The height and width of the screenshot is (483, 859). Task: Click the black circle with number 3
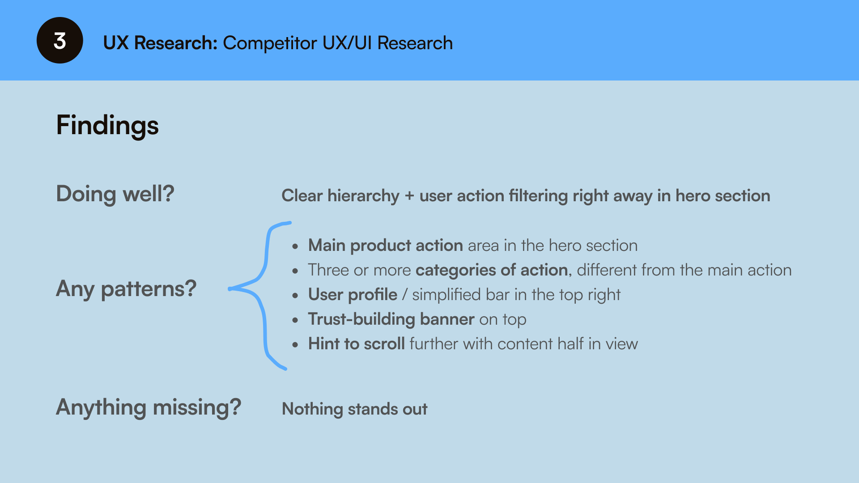pyautogui.click(x=60, y=40)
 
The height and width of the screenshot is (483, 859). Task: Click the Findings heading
pyautogui.click(x=107, y=125)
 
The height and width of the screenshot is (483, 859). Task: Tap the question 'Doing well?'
pyautogui.click(x=115, y=194)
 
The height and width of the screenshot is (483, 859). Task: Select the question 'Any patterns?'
pyautogui.click(x=126, y=288)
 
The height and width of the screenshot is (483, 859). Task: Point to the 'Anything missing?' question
pyautogui.click(x=149, y=407)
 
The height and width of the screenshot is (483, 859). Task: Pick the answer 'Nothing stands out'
pyautogui.click(x=354, y=409)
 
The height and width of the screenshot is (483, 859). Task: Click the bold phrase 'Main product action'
pyautogui.click(x=385, y=246)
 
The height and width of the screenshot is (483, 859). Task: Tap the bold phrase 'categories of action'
pyautogui.click(x=492, y=270)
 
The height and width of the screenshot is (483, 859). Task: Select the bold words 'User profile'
pyautogui.click(x=353, y=295)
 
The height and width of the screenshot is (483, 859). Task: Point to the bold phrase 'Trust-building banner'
pyautogui.click(x=391, y=319)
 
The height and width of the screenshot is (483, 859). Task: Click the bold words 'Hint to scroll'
pyautogui.click(x=356, y=344)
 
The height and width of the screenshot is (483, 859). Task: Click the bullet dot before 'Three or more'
pyautogui.click(x=295, y=271)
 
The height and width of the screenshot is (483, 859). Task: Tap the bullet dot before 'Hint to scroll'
pyautogui.click(x=295, y=345)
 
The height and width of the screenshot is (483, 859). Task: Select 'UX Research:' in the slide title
pyautogui.click(x=160, y=43)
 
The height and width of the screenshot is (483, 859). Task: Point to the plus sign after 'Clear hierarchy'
pyautogui.click(x=409, y=196)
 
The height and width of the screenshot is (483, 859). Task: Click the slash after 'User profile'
pyautogui.click(x=404, y=295)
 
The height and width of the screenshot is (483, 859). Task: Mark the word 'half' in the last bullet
pyautogui.click(x=570, y=344)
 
